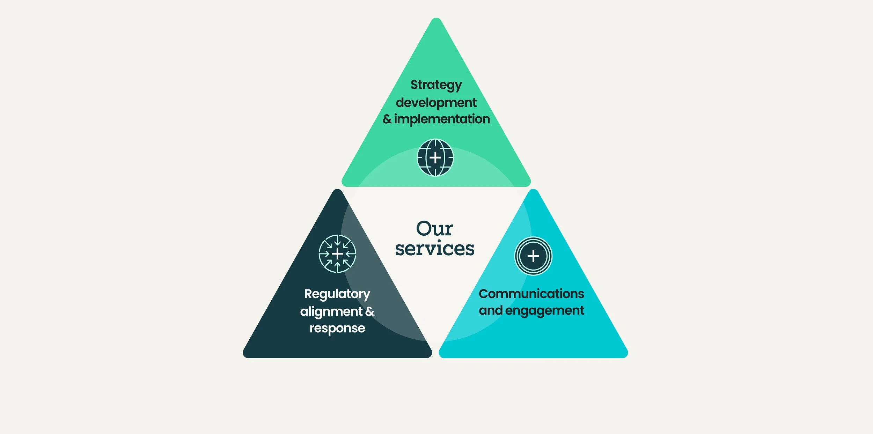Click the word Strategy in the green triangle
436,85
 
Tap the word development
436,103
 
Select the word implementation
442,119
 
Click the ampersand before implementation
387,119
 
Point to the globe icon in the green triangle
435,157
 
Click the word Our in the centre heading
434,229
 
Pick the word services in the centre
434,249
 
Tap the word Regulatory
337,294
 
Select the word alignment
331,311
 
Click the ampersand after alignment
369,311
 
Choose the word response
337,328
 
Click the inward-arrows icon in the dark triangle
337,254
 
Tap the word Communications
531,294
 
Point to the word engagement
544,310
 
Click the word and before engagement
490,310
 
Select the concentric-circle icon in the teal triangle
533,256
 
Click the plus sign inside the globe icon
435,158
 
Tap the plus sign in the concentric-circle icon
533,256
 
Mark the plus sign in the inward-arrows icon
337,254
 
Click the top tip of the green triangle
436,19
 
